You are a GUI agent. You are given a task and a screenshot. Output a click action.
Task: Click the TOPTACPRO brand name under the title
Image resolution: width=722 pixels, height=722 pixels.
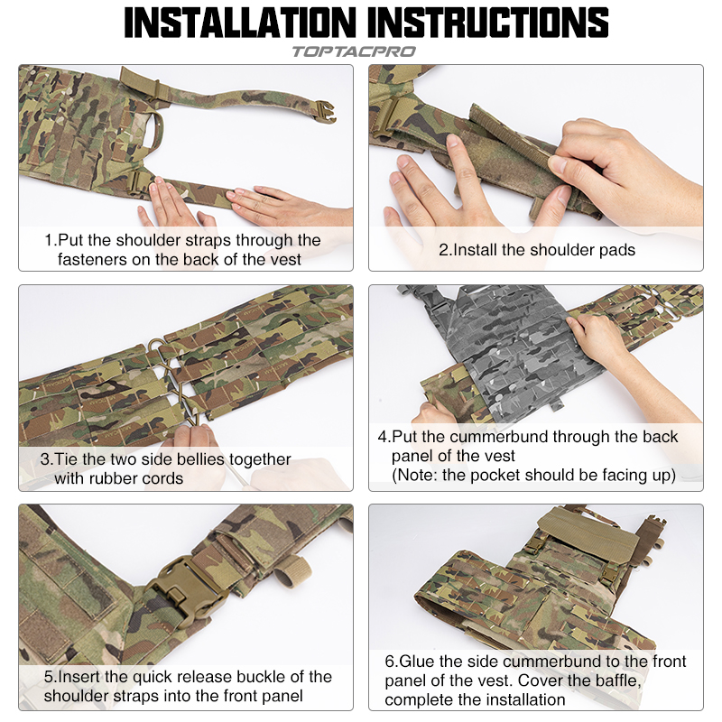click(x=353, y=51)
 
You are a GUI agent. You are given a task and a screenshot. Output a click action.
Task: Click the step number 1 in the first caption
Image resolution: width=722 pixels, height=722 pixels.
click(x=49, y=240)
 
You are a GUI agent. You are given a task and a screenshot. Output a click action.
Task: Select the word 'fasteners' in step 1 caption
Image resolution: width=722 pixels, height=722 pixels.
click(x=95, y=259)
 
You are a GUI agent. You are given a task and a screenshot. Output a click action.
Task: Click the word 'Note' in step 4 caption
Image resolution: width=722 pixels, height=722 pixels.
click(x=418, y=475)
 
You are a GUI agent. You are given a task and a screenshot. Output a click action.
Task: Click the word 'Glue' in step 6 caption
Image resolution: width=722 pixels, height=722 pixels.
click(x=419, y=662)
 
